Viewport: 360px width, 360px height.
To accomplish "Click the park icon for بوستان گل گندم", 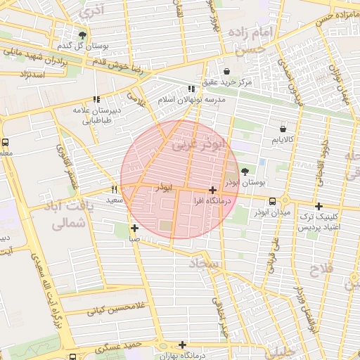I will [x=83, y=34].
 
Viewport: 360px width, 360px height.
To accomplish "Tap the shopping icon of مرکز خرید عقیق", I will [x=226, y=71].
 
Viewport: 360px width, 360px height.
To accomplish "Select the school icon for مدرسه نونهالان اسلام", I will [x=191, y=89].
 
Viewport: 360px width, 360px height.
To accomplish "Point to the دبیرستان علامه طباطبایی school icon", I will [x=96, y=99].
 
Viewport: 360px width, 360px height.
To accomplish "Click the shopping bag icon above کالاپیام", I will [x=283, y=129].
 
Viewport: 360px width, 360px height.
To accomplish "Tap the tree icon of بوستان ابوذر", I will [x=244, y=171].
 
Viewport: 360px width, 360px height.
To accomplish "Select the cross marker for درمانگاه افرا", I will [x=212, y=190].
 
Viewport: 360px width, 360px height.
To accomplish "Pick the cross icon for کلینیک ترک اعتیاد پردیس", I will [x=319, y=207].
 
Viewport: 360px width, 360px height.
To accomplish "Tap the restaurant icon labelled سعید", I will [x=115, y=190].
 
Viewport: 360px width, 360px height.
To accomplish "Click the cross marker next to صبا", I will [x=134, y=228].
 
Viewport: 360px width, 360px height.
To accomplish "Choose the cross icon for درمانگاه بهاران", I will [x=182, y=345].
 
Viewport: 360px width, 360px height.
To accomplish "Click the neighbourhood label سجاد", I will [x=205, y=263].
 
